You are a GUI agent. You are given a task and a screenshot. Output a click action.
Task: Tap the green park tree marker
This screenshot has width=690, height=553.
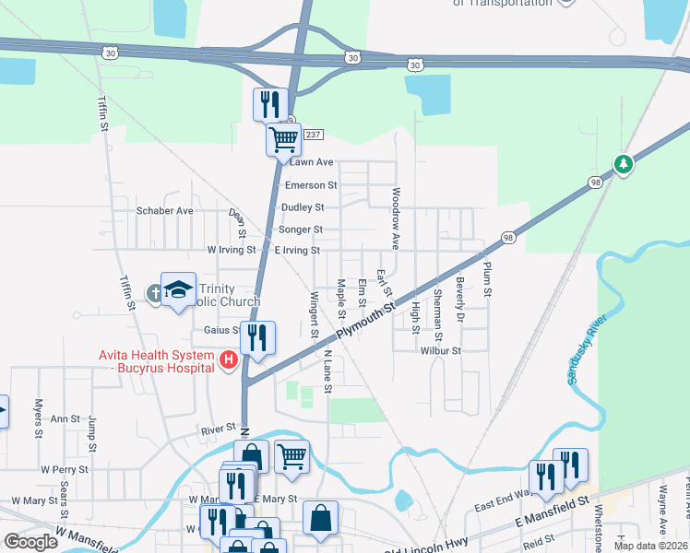point(625,164)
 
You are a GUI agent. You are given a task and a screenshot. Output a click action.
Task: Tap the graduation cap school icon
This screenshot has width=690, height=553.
point(178,289)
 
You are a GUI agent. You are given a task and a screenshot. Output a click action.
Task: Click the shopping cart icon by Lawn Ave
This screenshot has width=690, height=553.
point(283,139)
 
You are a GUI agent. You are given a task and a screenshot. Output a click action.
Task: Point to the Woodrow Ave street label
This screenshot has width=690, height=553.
point(396,218)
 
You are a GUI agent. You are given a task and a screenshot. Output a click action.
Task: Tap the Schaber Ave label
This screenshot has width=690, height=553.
point(165,210)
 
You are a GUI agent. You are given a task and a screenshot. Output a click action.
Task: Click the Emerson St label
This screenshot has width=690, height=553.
point(311,185)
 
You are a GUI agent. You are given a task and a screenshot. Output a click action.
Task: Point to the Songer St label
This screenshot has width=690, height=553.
point(302,229)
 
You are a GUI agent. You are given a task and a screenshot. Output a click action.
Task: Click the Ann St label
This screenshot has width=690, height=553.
point(65,418)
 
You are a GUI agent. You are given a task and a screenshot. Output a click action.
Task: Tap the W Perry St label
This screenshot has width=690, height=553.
point(64,469)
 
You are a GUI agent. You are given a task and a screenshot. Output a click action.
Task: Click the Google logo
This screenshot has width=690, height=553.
point(30,542)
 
